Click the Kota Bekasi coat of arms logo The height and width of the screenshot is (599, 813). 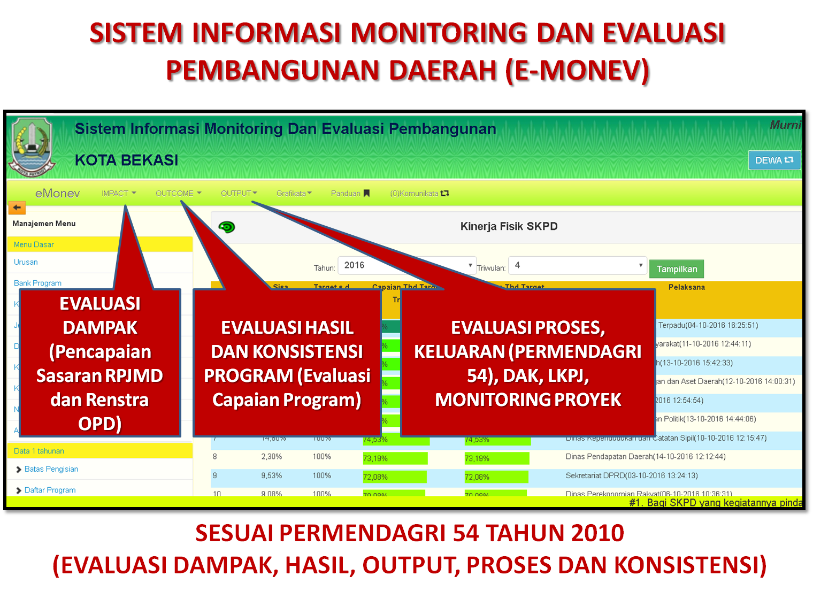[x=32, y=147]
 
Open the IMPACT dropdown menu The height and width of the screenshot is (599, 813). [x=119, y=193]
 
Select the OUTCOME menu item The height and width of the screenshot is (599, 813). [x=178, y=193]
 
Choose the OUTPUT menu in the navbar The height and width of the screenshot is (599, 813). [x=239, y=193]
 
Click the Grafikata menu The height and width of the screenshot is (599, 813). [x=294, y=193]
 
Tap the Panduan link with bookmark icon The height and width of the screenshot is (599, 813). [x=350, y=193]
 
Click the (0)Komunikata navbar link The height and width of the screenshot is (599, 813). [x=419, y=193]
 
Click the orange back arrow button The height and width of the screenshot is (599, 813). [x=17, y=208]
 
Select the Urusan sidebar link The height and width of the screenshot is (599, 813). [x=26, y=262]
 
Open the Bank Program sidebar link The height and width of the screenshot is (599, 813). [x=37, y=283]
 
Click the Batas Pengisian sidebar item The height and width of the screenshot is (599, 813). [x=51, y=469]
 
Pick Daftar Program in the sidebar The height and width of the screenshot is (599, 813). [x=50, y=490]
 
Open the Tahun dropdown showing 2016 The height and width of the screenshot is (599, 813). [x=406, y=265]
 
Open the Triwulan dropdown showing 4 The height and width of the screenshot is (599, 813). [x=577, y=265]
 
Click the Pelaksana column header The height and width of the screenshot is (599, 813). [x=686, y=287]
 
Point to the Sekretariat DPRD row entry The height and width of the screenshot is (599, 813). [x=631, y=475]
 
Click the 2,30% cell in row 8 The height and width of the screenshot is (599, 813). [x=271, y=457]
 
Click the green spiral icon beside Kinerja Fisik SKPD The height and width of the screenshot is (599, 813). [x=227, y=227]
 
